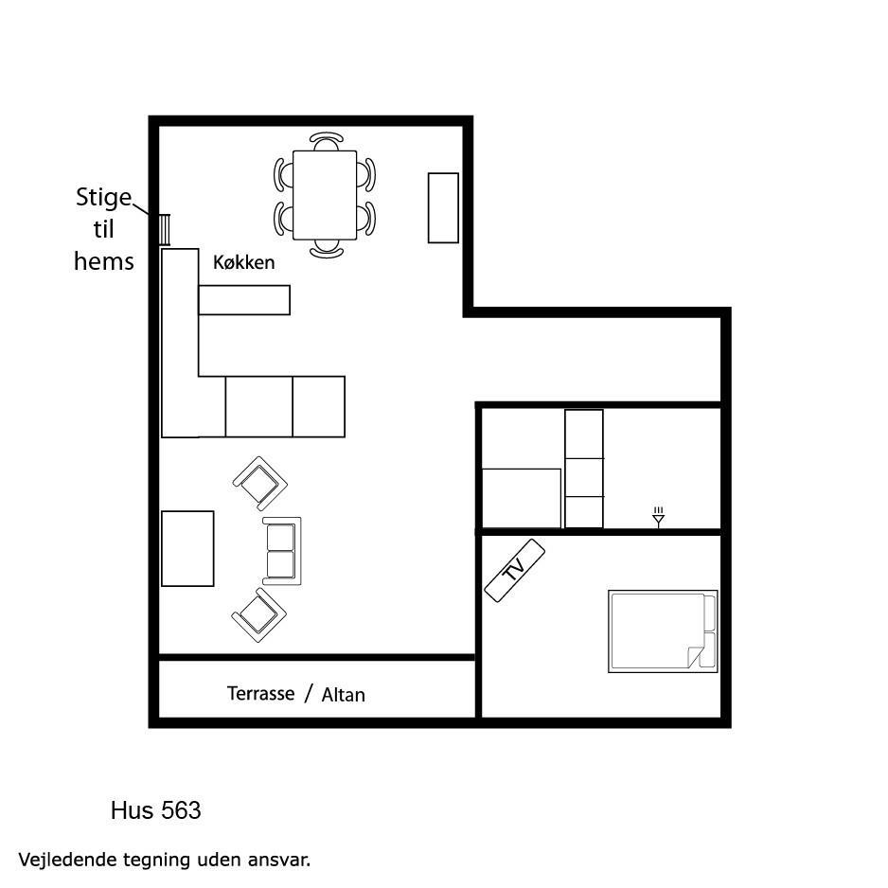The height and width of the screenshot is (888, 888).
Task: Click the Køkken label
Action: point(243,262)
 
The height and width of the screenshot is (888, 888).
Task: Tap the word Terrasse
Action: point(260,693)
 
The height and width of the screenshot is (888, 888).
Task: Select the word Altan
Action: point(344,695)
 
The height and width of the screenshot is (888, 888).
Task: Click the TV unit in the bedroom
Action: point(515,570)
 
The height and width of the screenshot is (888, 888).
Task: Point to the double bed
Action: point(663,631)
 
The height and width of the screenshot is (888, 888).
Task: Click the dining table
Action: point(325,195)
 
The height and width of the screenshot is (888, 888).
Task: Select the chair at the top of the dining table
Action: point(327,140)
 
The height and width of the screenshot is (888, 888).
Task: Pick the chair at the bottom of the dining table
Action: point(327,249)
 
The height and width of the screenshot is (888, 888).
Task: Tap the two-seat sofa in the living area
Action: point(281,551)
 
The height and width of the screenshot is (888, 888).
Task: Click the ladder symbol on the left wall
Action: point(164,230)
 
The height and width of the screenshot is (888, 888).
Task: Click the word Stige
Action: point(103,197)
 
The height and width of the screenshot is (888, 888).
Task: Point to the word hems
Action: point(103,261)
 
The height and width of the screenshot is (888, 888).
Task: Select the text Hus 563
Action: point(156,810)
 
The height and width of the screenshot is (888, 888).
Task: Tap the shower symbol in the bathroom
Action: point(658,517)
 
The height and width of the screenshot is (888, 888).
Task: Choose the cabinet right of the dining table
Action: point(443,208)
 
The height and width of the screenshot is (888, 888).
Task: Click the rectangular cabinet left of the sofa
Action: point(187,549)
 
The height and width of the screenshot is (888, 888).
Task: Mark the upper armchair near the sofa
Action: point(260,484)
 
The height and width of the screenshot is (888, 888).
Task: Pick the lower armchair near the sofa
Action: point(258,615)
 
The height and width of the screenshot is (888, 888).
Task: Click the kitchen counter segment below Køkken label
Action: point(244,299)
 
